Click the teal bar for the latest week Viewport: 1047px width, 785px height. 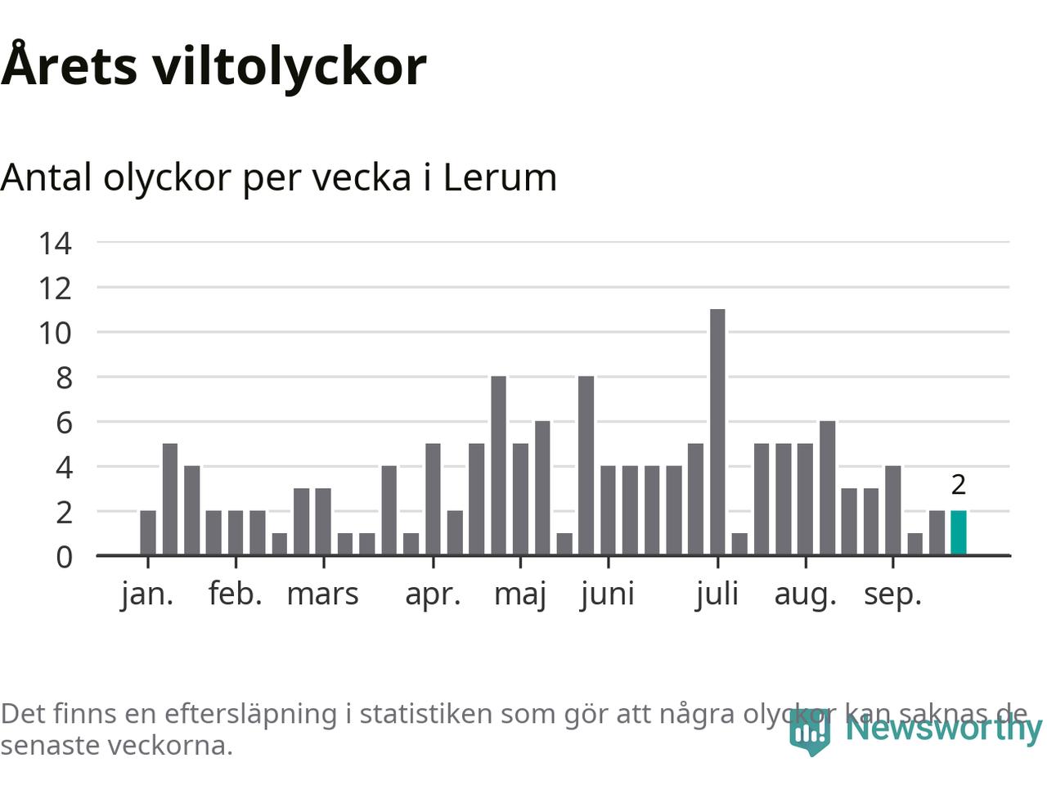pyautogui.click(x=958, y=532)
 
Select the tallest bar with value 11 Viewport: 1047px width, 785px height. pyautogui.click(x=717, y=432)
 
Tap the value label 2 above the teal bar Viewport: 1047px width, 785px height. pyautogui.click(x=959, y=485)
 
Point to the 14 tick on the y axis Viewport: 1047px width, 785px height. pyautogui.click(x=55, y=243)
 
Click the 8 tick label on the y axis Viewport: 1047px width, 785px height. pyautogui.click(x=63, y=378)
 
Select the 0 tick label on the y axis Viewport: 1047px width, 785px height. pyautogui.click(x=63, y=557)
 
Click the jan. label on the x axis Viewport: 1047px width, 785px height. pyautogui.click(x=147, y=594)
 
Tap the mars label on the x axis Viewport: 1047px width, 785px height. pyautogui.click(x=322, y=594)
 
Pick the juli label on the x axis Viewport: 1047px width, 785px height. pyautogui.click(x=717, y=594)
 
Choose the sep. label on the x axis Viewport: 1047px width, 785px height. pyautogui.click(x=892, y=594)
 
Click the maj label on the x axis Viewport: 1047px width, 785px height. pyautogui.click(x=520, y=594)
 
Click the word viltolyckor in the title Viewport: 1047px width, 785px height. pyautogui.click(x=289, y=65)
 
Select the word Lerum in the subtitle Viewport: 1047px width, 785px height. pyautogui.click(x=500, y=177)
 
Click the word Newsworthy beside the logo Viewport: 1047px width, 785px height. pyautogui.click(x=943, y=727)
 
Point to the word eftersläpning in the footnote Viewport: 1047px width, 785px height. pyautogui.click(x=250, y=714)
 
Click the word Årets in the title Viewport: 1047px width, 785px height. pyautogui.click(x=70, y=65)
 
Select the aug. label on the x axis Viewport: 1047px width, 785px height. pyautogui.click(x=806, y=594)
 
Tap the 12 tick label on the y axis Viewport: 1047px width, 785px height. pyautogui.click(x=55, y=288)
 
